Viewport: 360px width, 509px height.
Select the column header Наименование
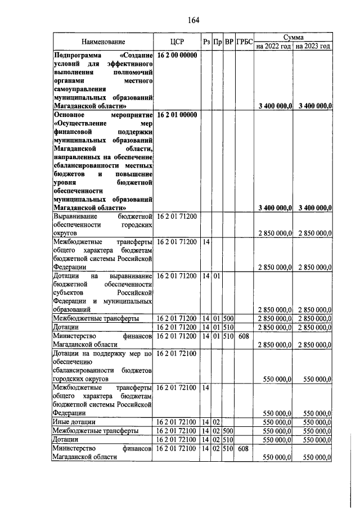click(x=103, y=42)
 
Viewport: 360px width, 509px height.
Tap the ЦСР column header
click(x=177, y=42)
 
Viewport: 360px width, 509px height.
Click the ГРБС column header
click(x=245, y=42)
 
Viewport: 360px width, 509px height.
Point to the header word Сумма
click(x=294, y=37)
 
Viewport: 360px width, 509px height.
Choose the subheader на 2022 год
click(x=274, y=46)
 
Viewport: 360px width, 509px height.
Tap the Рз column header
click(x=206, y=42)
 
